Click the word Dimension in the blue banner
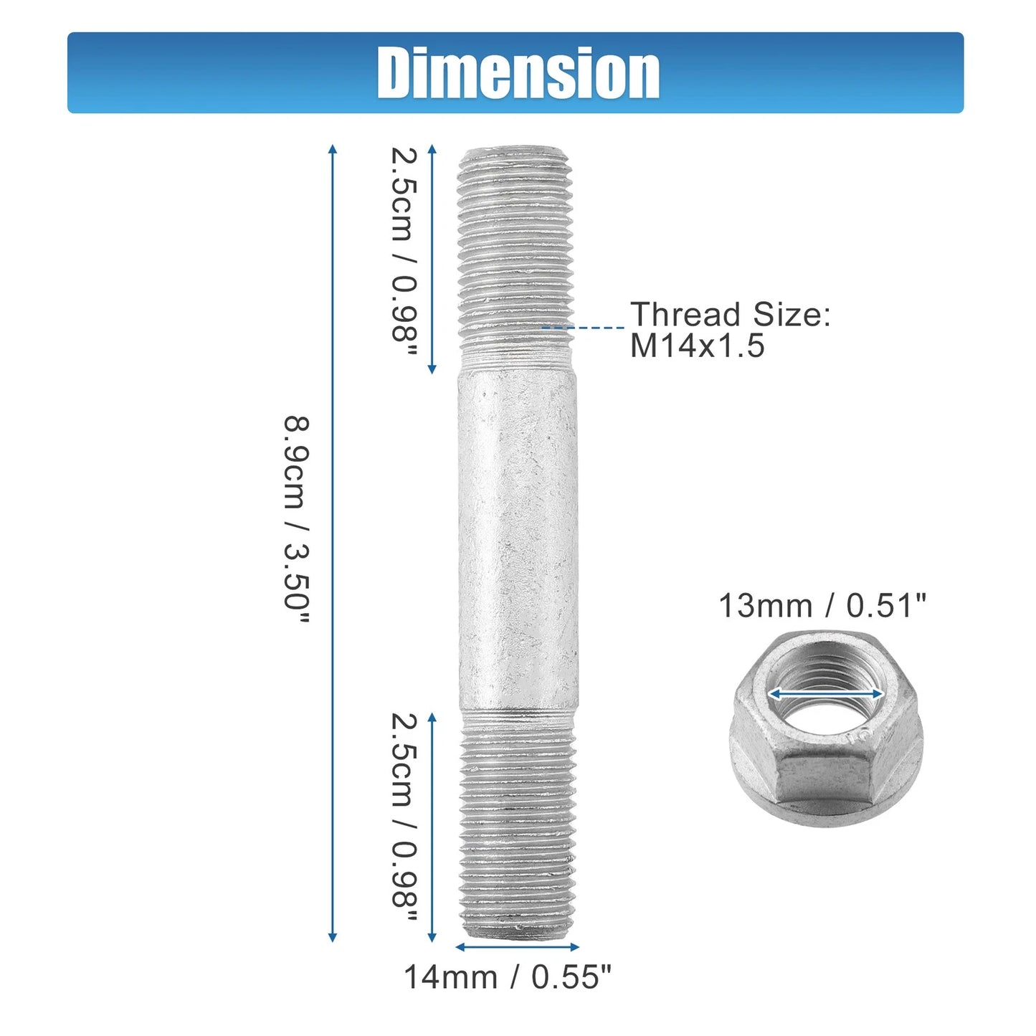click(518, 72)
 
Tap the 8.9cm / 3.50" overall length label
click(297, 520)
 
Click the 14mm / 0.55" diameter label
click(508, 976)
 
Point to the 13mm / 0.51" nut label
click(822, 605)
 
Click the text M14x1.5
click(697, 345)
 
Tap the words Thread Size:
click(730, 314)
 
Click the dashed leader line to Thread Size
click(583, 327)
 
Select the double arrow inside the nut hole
click(825, 694)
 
